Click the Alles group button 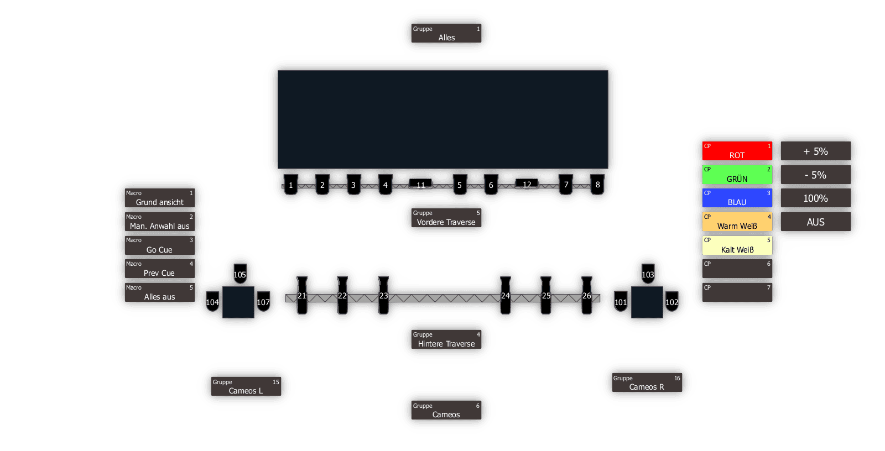point(446,33)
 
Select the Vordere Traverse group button point(446,218)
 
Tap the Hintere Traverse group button point(446,339)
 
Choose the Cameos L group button point(246,386)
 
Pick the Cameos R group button point(647,382)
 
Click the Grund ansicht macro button point(159,198)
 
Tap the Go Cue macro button point(159,245)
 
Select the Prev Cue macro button point(159,269)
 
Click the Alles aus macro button point(159,292)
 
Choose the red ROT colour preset point(737,151)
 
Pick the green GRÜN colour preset point(737,175)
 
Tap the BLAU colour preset point(737,198)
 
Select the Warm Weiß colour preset point(737,222)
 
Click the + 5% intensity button point(815,151)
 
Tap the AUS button point(815,222)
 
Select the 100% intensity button point(815,198)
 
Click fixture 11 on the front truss point(421,184)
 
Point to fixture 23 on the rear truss point(383,296)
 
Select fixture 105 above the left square point(240,274)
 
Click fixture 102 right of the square point(671,302)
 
